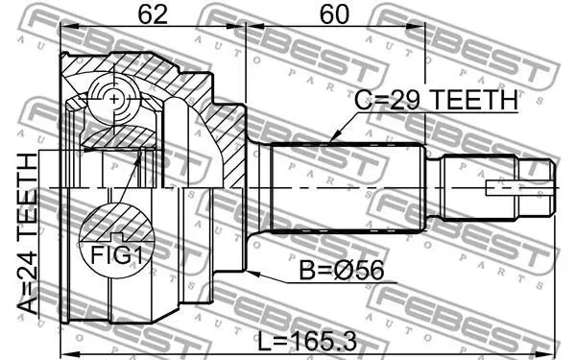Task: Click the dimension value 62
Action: coord(153,14)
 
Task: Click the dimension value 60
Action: coord(333,14)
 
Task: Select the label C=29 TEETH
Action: coord(437,100)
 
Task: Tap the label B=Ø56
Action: coord(342,271)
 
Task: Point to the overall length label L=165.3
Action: coord(307,341)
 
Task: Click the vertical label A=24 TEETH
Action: coord(28,234)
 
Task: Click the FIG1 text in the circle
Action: coord(117,254)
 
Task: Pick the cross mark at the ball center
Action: coord(114,99)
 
